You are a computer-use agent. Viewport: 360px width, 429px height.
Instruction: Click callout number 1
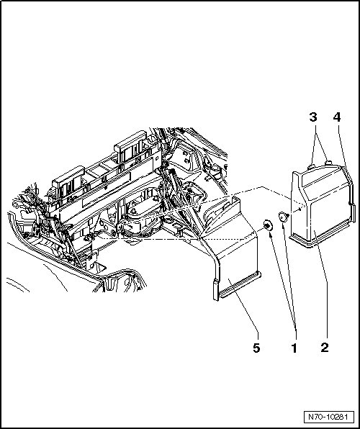click(x=294, y=348)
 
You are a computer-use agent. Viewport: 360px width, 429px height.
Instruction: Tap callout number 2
click(x=325, y=348)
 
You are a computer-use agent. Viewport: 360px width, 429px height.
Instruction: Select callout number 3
click(x=313, y=117)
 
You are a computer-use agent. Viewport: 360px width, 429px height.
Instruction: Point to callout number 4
click(x=337, y=117)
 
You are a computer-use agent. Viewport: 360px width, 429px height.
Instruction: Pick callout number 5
click(x=256, y=348)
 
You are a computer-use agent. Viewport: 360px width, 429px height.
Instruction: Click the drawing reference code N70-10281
click(x=328, y=417)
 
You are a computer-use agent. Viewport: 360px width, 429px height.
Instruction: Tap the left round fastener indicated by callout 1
click(x=267, y=225)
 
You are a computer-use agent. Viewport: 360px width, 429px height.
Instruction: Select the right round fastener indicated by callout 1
click(x=283, y=217)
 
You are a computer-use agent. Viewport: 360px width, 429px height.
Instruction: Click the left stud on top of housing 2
click(x=311, y=166)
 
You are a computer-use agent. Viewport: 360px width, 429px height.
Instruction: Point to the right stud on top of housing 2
click(x=328, y=163)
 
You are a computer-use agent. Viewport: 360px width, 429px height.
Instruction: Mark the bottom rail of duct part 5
click(x=239, y=285)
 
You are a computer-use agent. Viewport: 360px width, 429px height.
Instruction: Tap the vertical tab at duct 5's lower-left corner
click(x=216, y=290)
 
